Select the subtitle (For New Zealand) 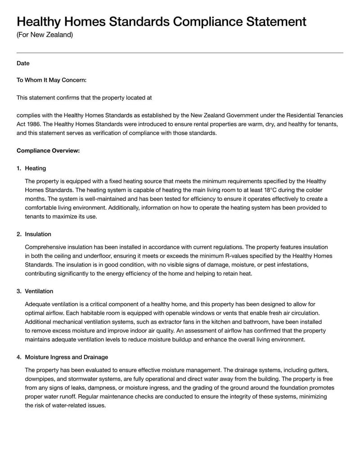tap(45, 35)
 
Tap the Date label tap(23, 63)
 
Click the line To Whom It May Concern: tap(51, 80)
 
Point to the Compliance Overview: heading tap(48, 151)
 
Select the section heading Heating tap(35, 168)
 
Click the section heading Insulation tap(38, 234)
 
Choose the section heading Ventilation tap(39, 291)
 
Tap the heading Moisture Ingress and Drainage tap(66, 357)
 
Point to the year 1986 tap(35, 124)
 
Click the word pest tap(274, 265)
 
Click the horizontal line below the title tap(180, 53)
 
